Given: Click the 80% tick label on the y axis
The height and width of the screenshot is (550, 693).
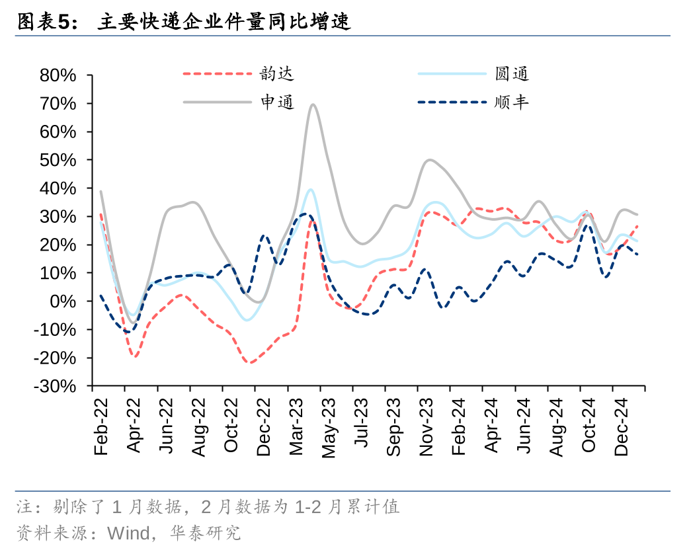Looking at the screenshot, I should (x=58, y=75).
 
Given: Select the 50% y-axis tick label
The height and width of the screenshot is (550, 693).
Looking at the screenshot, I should (x=58, y=160).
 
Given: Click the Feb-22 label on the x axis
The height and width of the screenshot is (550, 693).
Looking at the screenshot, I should (x=101, y=427).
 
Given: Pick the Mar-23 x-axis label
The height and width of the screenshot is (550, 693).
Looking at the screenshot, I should (x=296, y=427).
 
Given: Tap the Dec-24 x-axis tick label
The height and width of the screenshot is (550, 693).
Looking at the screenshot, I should (x=621, y=427).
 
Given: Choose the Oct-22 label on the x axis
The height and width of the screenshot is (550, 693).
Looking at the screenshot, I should (x=231, y=427).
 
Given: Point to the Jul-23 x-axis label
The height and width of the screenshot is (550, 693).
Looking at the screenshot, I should (x=360, y=427).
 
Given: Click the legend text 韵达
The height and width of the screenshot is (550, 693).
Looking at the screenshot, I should (x=277, y=73).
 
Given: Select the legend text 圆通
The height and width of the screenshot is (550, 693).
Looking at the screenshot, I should (x=512, y=73).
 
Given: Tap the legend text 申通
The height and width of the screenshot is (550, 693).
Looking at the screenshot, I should (x=277, y=102).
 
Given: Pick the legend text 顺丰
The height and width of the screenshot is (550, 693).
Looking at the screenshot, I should (x=512, y=102).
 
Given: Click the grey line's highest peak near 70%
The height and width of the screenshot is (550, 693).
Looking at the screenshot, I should (x=312, y=104).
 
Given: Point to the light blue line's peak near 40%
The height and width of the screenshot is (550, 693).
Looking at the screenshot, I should (x=309, y=190).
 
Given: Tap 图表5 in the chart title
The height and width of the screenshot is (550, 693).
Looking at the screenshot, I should (x=43, y=22).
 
